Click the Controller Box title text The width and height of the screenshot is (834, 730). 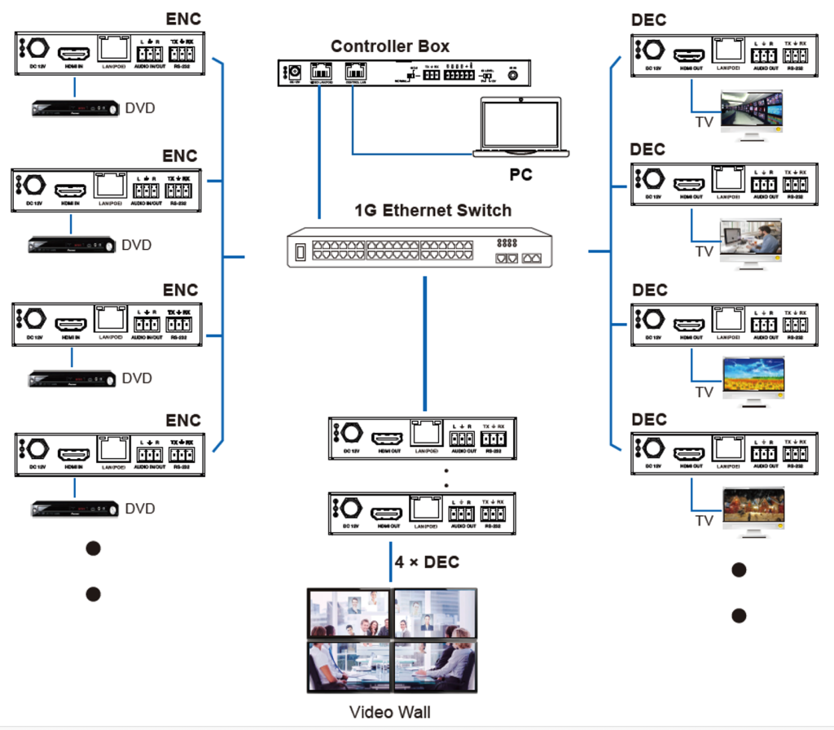click(389, 46)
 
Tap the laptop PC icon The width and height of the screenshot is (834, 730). click(520, 127)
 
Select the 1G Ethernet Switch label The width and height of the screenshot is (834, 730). click(432, 210)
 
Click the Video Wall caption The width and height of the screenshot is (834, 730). click(389, 712)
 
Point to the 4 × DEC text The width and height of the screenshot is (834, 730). click(427, 562)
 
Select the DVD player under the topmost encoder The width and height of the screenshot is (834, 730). click(75, 108)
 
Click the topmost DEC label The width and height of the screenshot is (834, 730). click(648, 20)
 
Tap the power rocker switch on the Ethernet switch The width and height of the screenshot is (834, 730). click(300, 251)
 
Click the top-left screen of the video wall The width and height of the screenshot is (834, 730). click(349, 613)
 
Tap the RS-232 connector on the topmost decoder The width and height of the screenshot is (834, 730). click(795, 55)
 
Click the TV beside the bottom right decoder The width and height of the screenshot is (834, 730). click(753, 509)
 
